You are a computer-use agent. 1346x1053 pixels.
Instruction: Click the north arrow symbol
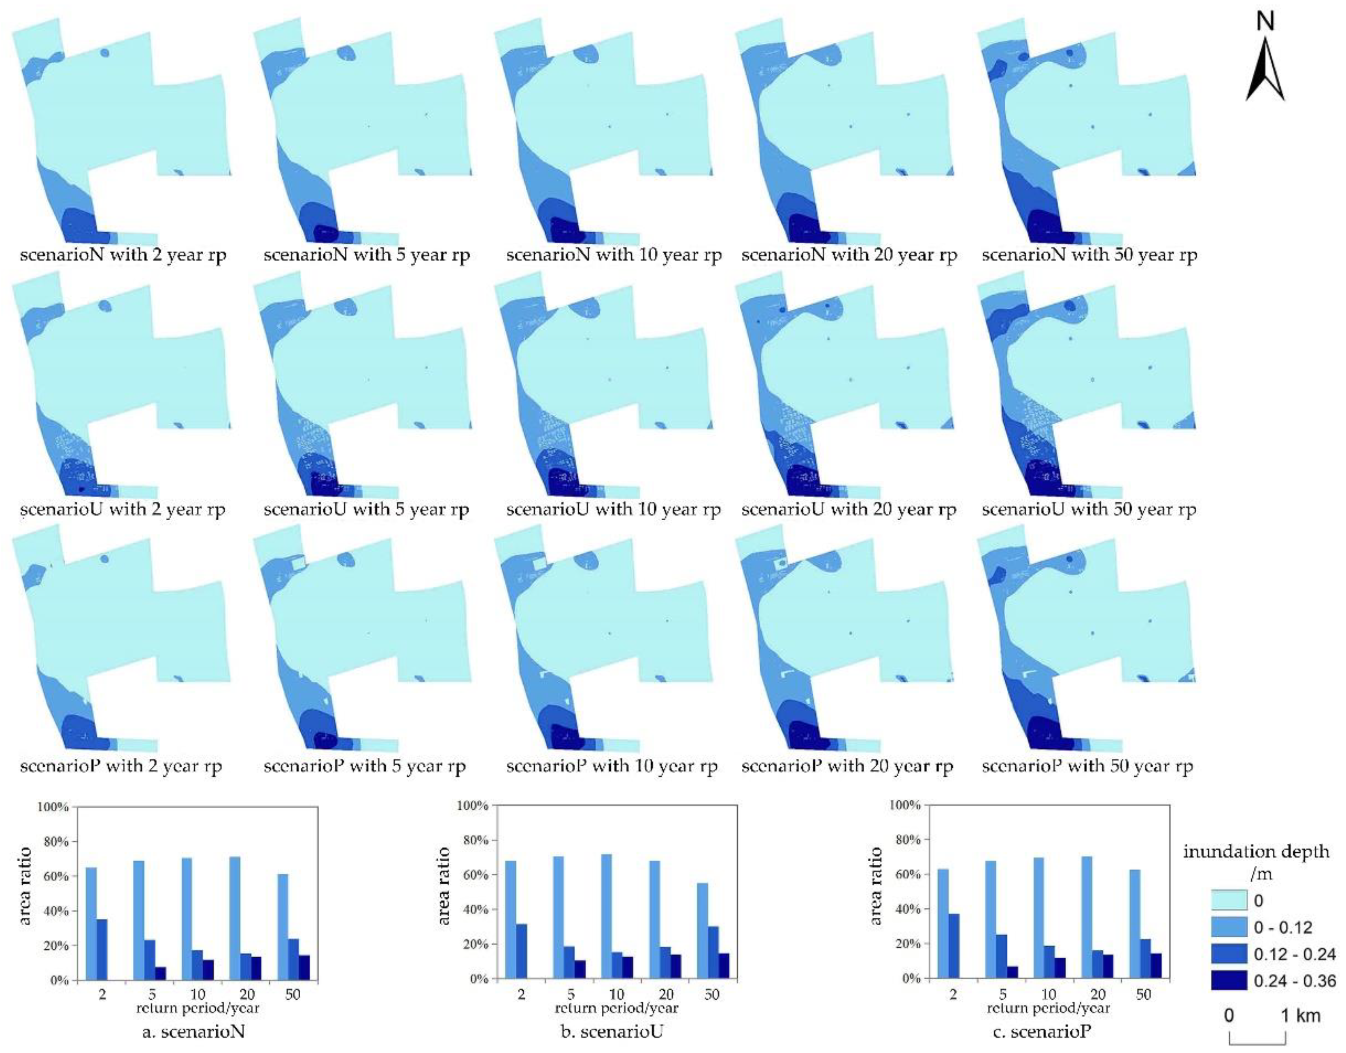coord(1265,71)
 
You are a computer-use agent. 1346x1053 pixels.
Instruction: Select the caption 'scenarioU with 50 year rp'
coord(1089,509)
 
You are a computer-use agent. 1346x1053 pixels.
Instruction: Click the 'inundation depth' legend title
coord(1256,852)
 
